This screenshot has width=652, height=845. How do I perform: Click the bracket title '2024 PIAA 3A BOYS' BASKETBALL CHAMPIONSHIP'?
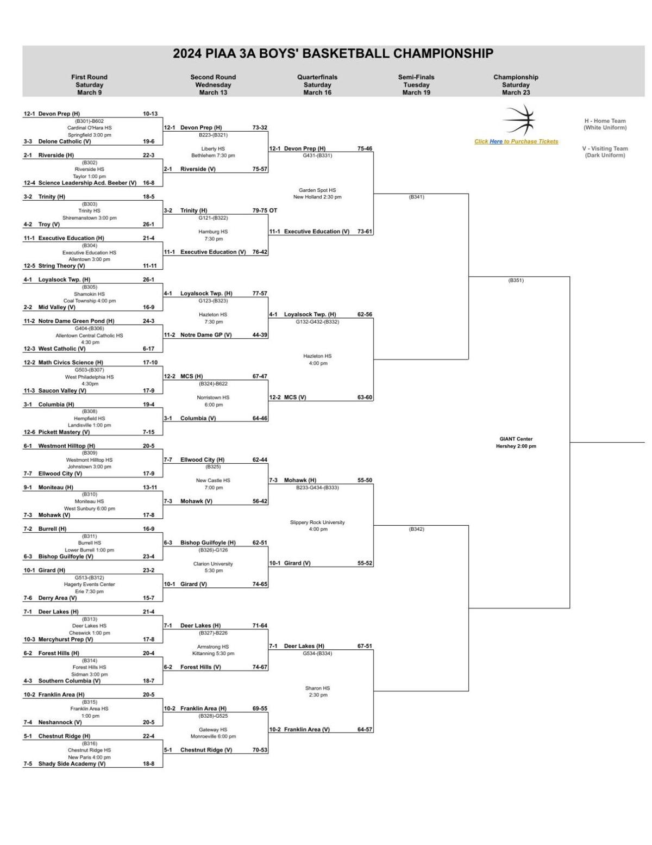click(333, 54)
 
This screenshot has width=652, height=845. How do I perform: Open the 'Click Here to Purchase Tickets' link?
click(516, 141)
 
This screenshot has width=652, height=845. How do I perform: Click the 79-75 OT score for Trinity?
click(265, 210)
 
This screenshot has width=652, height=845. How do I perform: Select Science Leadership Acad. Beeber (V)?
click(87, 183)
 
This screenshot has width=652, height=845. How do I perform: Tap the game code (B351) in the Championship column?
click(516, 281)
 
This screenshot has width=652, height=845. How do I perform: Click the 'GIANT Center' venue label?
click(516, 439)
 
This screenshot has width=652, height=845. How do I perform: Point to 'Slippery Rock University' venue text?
click(317, 523)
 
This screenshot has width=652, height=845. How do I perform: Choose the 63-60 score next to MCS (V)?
click(365, 397)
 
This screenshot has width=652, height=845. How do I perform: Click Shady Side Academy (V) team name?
click(72, 763)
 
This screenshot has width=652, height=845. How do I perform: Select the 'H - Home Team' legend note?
click(605, 121)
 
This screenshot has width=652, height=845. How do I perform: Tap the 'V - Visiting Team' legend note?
click(605, 148)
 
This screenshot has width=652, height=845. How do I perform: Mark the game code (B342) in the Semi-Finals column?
click(416, 529)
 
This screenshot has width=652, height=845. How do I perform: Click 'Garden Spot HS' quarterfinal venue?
click(317, 190)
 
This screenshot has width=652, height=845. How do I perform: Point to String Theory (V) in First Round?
click(61, 266)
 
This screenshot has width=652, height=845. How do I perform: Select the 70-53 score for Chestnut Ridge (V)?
click(260, 750)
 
